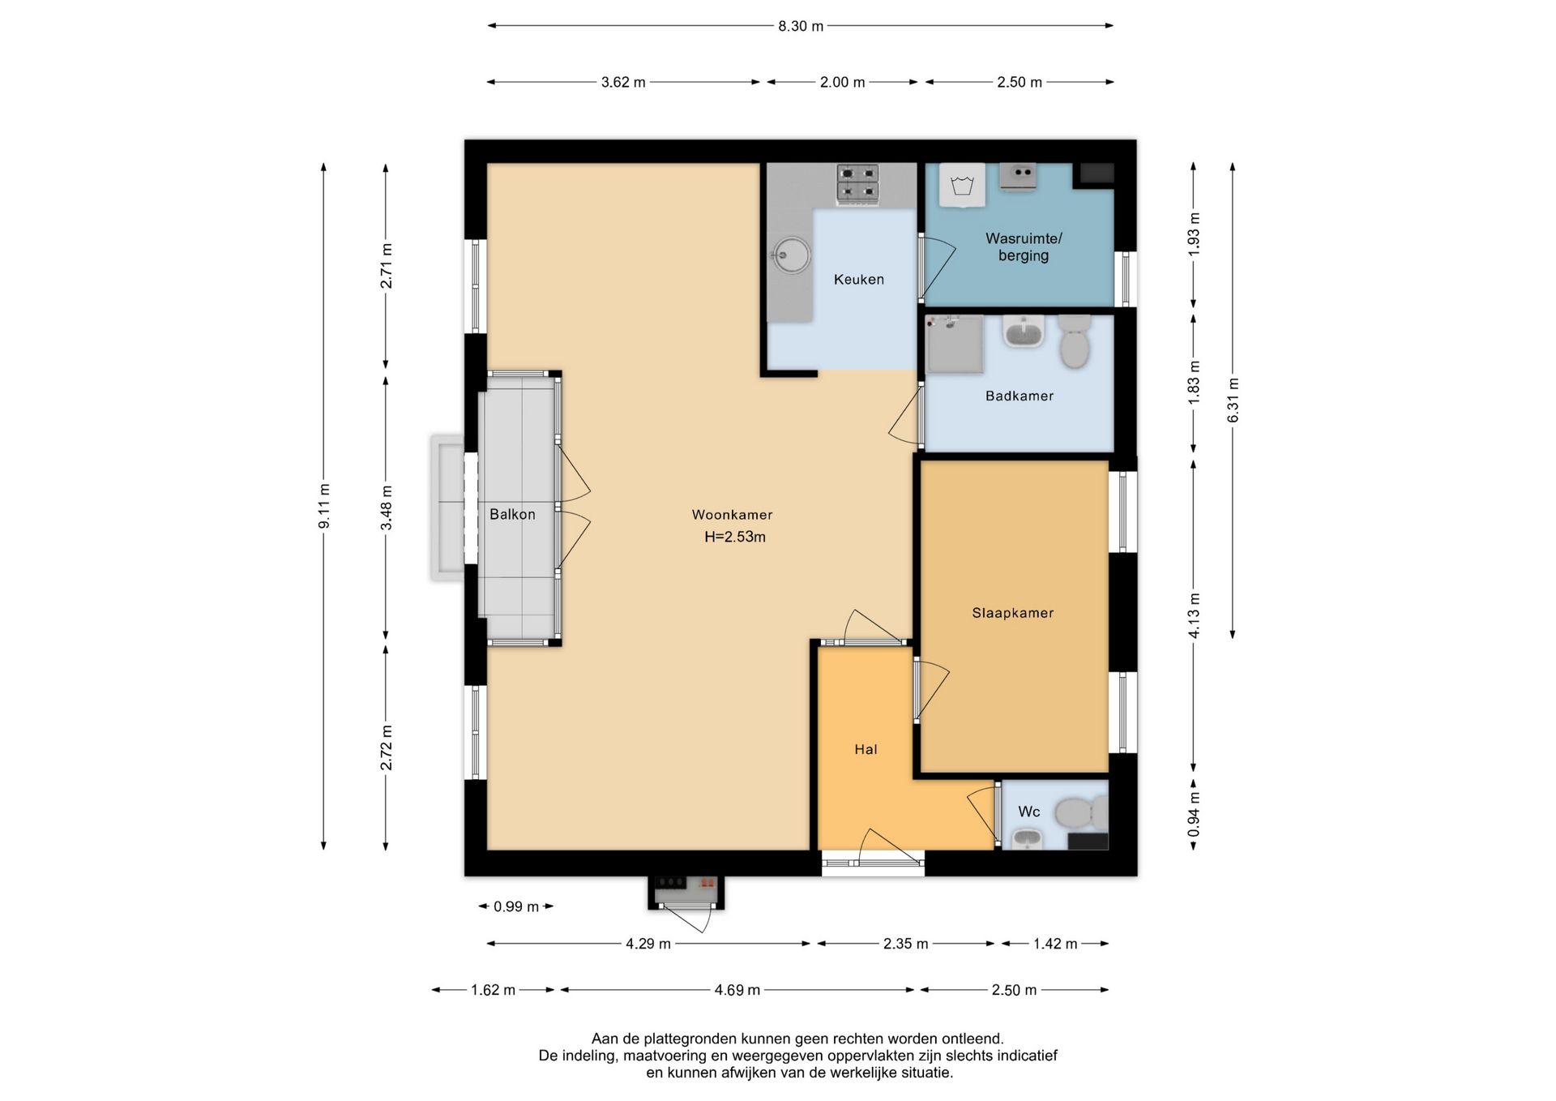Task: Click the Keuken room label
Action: [x=858, y=280]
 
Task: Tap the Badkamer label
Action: [x=1020, y=396]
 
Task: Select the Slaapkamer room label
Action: [x=1013, y=613]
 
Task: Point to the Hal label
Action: [x=866, y=749]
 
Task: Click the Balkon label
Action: [x=512, y=514]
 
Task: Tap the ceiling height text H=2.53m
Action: [x=735, y=537]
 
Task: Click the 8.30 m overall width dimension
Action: [x=801, y=26]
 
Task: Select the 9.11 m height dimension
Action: [x=324, y=506]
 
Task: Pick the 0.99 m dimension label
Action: [x=516, y=906]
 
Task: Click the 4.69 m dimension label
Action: [x=737, y=990]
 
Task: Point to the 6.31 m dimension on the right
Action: [x=1233, y=401]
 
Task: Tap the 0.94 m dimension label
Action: [x=1194, y=815]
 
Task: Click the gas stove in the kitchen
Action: [x=857, y=182]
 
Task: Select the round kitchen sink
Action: [x=791, y=255]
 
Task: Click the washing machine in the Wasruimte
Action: [x=963, y=185]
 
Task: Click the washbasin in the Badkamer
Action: [x=1024, y=332]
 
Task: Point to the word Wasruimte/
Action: [x=1024, y=238]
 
